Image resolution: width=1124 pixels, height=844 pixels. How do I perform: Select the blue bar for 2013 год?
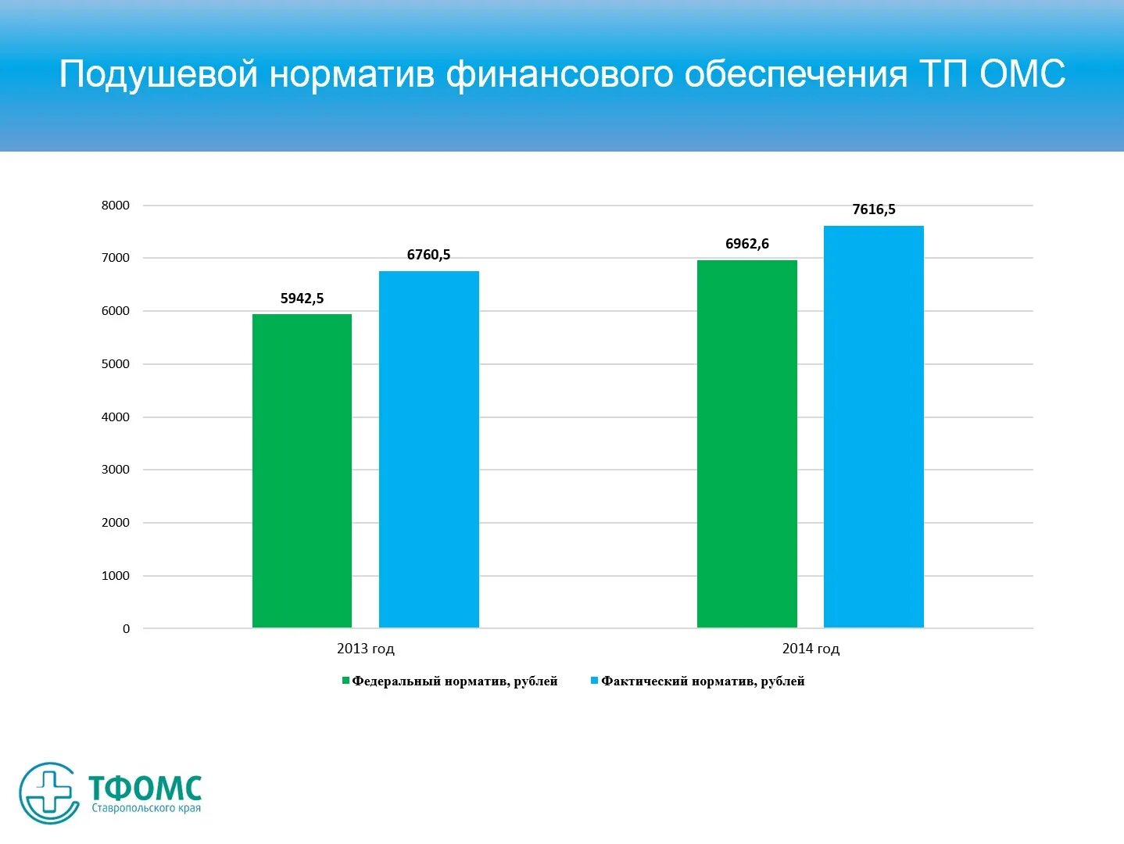point(428,449)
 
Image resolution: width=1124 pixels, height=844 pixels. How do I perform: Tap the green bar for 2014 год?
point(746,444)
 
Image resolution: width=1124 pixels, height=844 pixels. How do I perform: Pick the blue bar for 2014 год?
point(873,427)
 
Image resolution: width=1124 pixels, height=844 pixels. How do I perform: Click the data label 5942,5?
point(302,299)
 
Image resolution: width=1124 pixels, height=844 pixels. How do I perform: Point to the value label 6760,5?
point(428,255)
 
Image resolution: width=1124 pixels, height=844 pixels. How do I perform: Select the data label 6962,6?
point(746,244)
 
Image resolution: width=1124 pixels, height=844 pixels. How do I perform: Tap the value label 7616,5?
point(873,209)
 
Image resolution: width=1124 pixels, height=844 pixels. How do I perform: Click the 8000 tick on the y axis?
point(116,206)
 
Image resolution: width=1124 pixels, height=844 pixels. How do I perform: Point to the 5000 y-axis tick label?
point(116,364)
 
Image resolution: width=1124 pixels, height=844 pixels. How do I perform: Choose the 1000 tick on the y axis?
point(116,576)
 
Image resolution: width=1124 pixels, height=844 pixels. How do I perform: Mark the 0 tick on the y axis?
point(126,629)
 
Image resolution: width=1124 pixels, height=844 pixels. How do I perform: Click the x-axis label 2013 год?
point(365,649)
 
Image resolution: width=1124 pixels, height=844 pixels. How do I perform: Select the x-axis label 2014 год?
point(810,649)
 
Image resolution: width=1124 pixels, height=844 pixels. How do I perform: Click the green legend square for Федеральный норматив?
point(345,681)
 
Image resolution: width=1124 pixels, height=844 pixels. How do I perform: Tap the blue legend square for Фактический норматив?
point(594,681)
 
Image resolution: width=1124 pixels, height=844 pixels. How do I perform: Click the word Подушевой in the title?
point(158,75)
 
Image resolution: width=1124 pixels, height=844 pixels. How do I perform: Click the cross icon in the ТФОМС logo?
point(49,792)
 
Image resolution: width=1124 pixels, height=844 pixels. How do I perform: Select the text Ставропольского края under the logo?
point(146,808)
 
